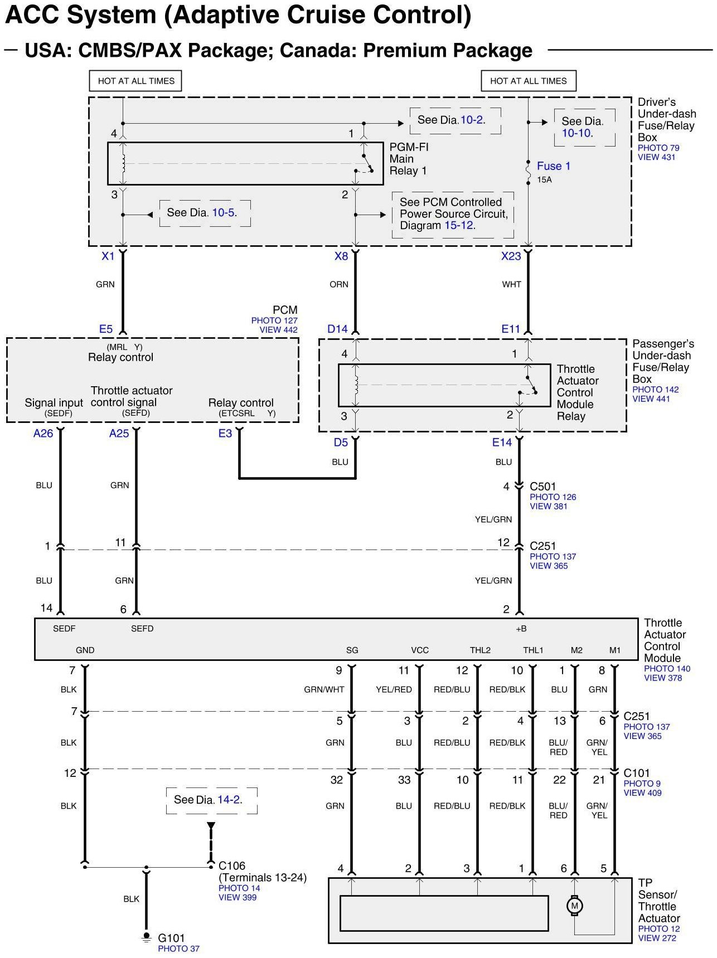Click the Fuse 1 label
coord(553,166)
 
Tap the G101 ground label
coord(171,938)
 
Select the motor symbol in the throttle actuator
coord(575,906)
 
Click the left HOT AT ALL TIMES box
coord(136,81)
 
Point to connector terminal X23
coord(511,256)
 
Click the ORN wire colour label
coord(338,284)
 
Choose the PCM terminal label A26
coord(43,434)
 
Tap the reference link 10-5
coord(223,212)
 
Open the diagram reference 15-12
coord(459,226)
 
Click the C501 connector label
coord(542,487)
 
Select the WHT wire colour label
coord(511,284)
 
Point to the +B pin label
coord(521,629)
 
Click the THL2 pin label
coord(480,650)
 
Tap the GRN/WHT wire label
coord(324,689)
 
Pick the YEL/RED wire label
coord(394,689)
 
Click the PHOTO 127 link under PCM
coord(274,320)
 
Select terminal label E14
coord(502,442)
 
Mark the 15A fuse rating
coord(544,180)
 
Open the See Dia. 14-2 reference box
coord(211,800)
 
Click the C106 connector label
coord(232,865)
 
